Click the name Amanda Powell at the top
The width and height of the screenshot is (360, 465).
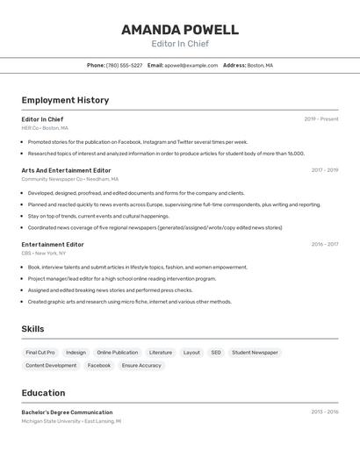point(179,29)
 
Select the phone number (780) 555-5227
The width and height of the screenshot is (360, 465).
point(124,65)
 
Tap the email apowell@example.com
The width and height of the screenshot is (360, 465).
point(191,65)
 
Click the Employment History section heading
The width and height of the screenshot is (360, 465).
point(65,100)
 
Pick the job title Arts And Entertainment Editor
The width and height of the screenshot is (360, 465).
point(66,170)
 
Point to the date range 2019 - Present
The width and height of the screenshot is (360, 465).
point(320,119)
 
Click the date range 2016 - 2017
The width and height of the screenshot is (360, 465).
point(324,245)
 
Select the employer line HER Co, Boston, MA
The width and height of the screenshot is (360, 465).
point(44,128)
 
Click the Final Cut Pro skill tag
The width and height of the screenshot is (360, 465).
point(40,353)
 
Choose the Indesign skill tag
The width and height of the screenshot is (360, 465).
point(76,353)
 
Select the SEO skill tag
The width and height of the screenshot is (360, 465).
point(216,353)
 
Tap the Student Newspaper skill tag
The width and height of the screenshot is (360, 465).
point(255,353)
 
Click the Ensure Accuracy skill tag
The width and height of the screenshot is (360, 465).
point(141,365)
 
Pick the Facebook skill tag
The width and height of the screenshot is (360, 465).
point(99,365)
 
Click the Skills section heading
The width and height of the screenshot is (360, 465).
point(32,329)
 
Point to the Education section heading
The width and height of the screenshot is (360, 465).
point(43,393)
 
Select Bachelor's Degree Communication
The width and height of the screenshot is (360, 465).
point(67,412)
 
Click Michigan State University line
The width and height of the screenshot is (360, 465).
point(71,421)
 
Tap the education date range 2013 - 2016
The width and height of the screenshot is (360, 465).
point(324,411)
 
